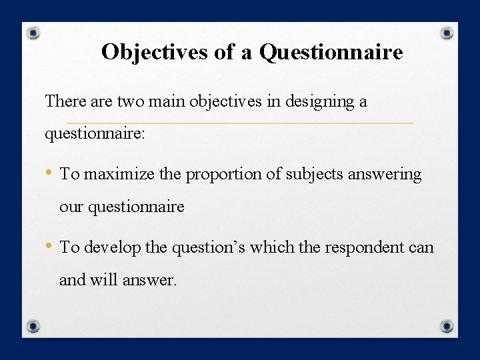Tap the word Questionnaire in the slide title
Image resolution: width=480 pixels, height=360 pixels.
click(331, 52)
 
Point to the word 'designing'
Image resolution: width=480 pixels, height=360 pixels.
click(312, 102)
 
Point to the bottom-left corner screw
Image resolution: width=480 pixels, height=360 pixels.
click(33, 326)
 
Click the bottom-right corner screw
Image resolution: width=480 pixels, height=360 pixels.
click(447, 326)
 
